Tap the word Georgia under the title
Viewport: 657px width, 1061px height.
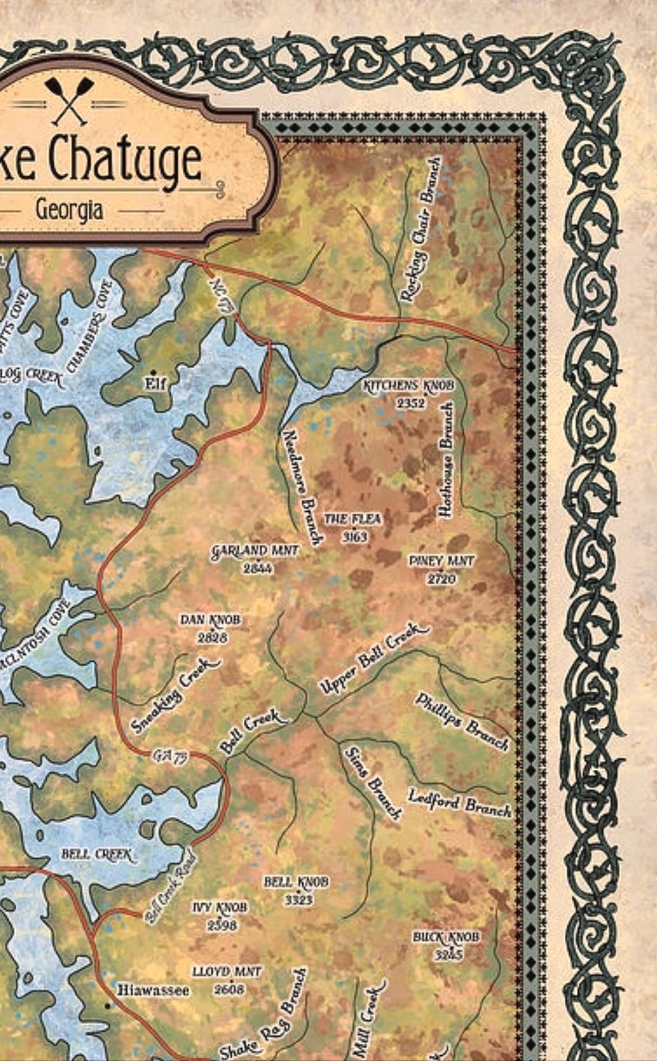click(x=70, y=210)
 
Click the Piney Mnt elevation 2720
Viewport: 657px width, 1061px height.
click(x=441, y=579)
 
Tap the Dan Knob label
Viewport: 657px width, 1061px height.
click(x=210, y=620)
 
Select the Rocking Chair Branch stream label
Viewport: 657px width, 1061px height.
click(x=422, y=229)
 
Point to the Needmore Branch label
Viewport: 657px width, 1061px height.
click(x=301, y=486)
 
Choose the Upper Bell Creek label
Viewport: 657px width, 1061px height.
click(x=375, y=659)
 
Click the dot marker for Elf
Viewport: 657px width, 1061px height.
click(x=153, y=372)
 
